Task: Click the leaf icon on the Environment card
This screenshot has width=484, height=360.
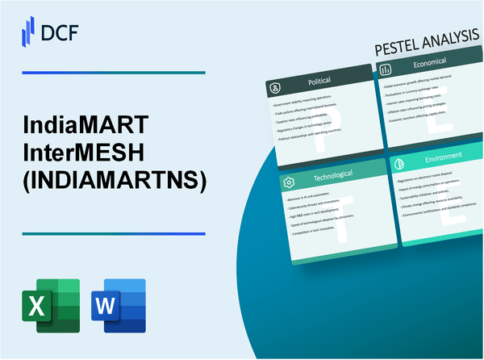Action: click(x=400, y=161)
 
